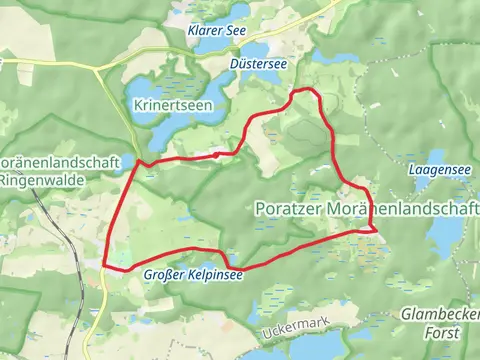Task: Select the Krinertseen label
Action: tap(164, 104)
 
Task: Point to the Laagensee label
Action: tap(440, 171)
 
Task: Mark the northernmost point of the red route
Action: tap(303, 91)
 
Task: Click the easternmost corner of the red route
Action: tap(376, 229)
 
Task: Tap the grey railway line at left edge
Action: tap(45, 220)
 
